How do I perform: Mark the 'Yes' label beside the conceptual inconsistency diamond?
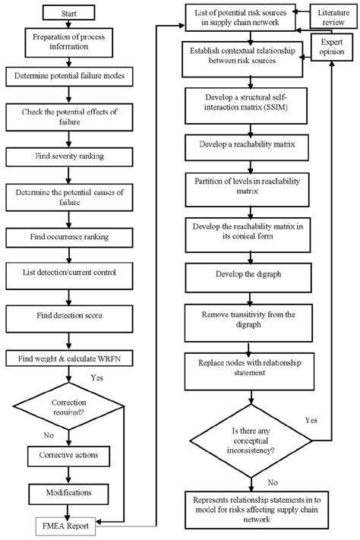coord(311,419)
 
